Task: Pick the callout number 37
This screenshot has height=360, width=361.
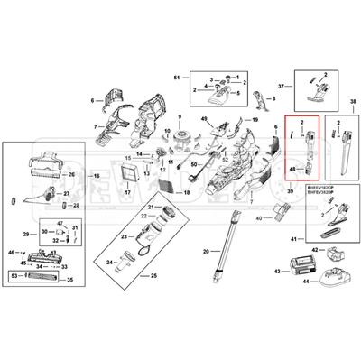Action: pos(281,86)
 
